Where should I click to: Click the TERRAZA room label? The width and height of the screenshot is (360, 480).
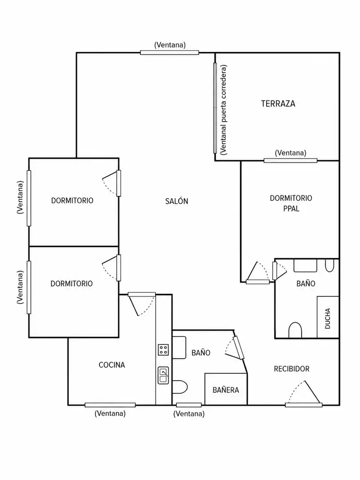(278, 104)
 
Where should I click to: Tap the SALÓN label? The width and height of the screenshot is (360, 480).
(176, 201)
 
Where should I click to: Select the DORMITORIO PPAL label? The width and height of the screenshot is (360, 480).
(291, 203)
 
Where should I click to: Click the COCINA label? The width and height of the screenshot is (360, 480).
(112, 365)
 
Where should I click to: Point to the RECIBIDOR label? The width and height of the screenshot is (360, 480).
(292, 369)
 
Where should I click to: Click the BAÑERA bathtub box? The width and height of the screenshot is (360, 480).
(226, 389)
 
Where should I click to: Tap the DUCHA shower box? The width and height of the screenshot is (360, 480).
(328, 317)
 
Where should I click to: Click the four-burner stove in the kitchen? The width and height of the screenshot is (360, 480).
(164, 350)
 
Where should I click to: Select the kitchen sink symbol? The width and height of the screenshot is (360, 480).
(164, 375)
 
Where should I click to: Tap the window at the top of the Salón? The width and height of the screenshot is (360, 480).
(170, 52)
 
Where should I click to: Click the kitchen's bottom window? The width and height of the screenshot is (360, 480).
(110, 405)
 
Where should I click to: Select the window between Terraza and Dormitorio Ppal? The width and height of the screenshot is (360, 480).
(291, 160)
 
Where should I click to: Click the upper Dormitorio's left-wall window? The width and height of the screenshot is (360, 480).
(29, 198)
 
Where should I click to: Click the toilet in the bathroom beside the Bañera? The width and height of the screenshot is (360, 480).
(180, 387)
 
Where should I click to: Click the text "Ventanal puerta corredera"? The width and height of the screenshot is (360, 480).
(224, 109)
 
